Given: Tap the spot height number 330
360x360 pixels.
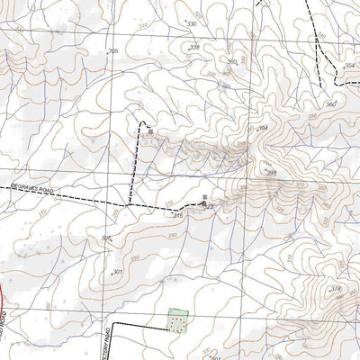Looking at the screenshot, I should tap(191, 23).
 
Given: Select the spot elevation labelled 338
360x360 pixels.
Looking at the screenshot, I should tap(194, 47).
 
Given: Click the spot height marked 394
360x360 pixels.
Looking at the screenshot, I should tap(263, 130).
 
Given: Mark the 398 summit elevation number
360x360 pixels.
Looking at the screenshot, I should tap(271, 172).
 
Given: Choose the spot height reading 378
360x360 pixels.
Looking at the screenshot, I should tap(336, 289).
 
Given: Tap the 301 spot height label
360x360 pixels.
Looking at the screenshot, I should tap(116, 271).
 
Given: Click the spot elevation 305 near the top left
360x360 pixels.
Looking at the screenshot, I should tap(112, 51).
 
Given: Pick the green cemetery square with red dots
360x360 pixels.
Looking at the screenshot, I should tap(178, 319).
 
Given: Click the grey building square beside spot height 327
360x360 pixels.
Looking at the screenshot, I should tap(205, 197).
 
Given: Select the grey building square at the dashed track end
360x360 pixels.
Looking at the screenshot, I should tap(149, 131).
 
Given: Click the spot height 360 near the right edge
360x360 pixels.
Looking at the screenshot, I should tap(329, 106).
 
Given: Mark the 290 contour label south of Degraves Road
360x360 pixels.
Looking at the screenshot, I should tap(173, 235).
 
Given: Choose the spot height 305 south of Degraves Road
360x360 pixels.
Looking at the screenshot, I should tap(105, 238).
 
